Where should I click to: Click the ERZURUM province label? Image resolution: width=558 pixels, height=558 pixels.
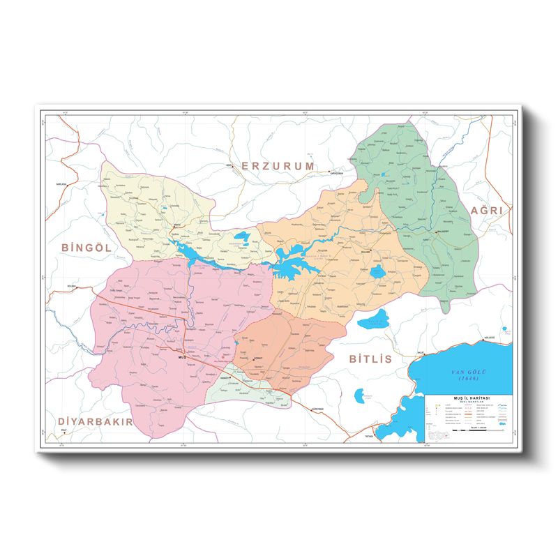278,165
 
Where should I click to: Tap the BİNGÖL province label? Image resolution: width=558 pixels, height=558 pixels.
86,247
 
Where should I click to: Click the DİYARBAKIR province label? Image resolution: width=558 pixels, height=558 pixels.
96,422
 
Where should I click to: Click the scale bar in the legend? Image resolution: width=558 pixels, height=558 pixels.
469,433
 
